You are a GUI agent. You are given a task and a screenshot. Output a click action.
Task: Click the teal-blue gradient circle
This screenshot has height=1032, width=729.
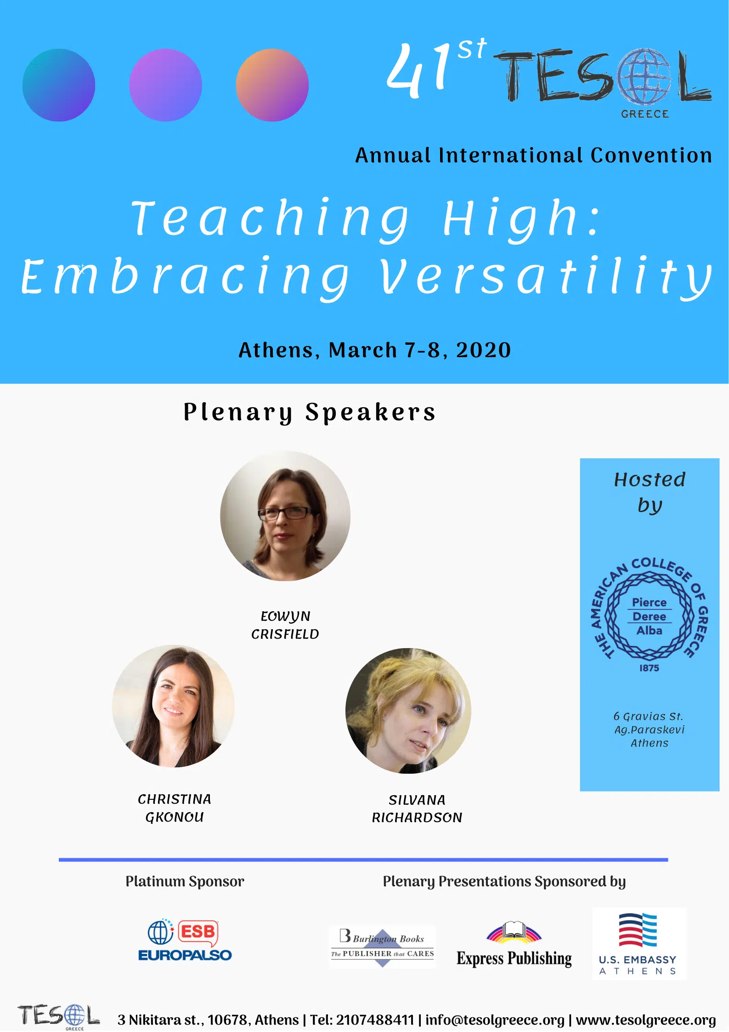pos(59,85)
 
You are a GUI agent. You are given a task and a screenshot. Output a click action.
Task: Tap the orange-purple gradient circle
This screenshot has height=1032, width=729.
pos(272,85)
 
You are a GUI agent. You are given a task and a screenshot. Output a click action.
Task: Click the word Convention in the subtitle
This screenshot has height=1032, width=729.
pos(651,155)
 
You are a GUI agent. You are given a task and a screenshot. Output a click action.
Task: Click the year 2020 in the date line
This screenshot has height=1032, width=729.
pos(483,350)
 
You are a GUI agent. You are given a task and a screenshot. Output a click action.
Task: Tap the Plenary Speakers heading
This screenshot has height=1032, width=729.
pos(309,412)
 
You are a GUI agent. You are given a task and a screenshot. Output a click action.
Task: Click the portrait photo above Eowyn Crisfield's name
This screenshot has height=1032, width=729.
pos(285,516)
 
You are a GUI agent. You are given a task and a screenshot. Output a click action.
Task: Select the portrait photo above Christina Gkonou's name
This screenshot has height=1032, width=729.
pos(173,706)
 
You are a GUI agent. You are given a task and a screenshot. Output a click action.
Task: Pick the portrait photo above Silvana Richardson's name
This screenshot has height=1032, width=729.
pos(408,711)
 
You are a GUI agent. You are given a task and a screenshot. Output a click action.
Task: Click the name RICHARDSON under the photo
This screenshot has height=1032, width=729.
pos(417,818)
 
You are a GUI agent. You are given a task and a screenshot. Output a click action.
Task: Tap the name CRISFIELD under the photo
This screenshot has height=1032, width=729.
pos(285,634)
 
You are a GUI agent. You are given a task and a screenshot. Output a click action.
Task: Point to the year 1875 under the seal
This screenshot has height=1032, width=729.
pos(649,668)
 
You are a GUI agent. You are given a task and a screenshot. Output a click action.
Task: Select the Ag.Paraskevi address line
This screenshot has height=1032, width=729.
pos(650,730)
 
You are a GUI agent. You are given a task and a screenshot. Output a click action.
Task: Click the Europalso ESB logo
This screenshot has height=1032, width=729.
pos(185,941)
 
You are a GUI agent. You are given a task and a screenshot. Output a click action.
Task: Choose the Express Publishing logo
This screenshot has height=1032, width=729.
pos(514,945)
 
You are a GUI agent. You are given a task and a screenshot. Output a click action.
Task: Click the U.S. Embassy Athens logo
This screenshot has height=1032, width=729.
pos(639,944)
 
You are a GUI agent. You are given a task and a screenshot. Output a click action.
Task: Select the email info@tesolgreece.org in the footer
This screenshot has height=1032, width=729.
pos(495,1020)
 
